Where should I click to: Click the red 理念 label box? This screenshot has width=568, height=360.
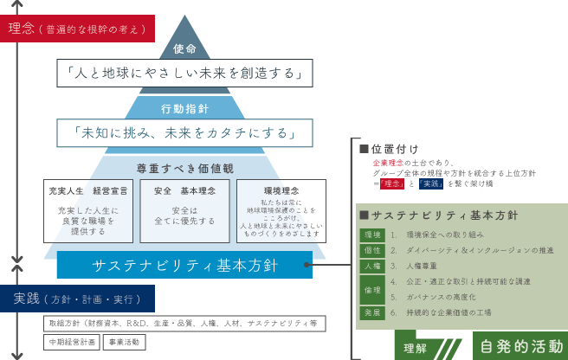(81, 29)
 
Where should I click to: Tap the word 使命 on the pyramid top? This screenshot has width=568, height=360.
(184, 49)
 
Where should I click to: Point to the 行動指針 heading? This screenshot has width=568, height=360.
(184, 109)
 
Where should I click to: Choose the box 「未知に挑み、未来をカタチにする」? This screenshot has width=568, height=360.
(184, 133)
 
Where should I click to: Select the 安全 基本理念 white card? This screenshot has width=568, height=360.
(183, 210)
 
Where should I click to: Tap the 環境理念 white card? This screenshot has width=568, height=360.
(279, 210)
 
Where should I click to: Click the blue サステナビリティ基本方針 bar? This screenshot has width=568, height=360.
(184, 265)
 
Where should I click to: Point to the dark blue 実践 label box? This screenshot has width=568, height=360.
(77, 299)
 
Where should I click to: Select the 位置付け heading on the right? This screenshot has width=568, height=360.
(399, 148)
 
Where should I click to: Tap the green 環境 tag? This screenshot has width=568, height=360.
(371, 235)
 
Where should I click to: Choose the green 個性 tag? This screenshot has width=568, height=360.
(371, 250)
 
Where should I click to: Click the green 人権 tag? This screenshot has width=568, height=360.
(371, 266)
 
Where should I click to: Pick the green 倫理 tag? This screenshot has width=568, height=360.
(371, 289)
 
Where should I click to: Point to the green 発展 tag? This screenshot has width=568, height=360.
(371, 312)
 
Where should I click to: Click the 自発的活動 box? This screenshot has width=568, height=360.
(520, 346)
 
